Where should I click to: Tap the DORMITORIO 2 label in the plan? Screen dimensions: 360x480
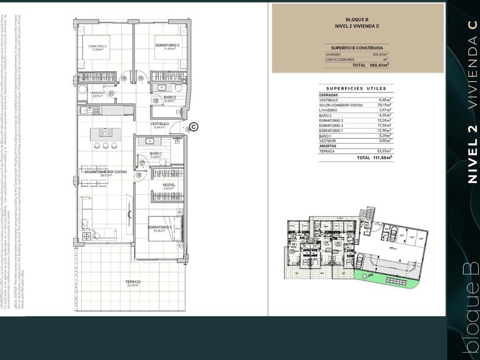tap(97, 46)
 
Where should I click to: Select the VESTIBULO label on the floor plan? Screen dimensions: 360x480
tap(161, 124)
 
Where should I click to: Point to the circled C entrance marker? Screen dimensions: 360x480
tap(194, 127)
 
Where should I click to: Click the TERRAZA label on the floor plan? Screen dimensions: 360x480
tap(132, 282)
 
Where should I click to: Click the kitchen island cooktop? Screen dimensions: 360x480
tap(105, 132)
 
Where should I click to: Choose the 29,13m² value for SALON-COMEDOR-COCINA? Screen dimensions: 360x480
tap(382, 105)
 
